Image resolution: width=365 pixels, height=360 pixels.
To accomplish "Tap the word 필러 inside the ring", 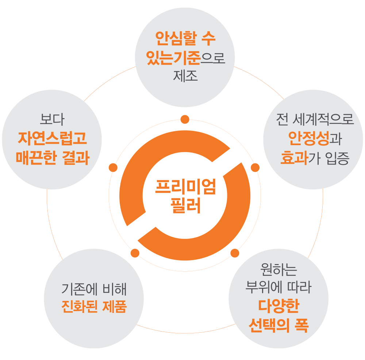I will click(185, 206).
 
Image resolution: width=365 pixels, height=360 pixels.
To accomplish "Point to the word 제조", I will click(185, 76).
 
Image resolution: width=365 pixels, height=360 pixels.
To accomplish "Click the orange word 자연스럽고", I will click(52, 139).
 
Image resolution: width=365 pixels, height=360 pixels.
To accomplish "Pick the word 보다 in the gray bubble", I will click(52, 120).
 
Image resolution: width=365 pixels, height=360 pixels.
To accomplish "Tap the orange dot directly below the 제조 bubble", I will click(185, 119).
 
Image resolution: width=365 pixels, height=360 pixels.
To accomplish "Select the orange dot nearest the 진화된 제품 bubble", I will click(135, 253).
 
